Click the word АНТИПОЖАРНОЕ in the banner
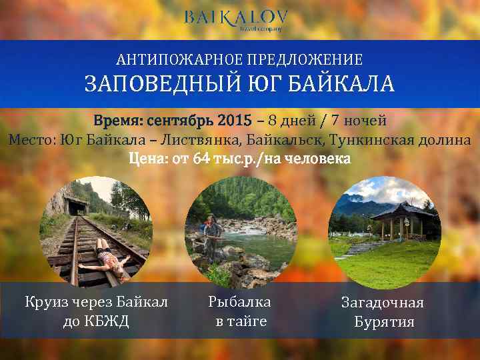(x=175, y=60)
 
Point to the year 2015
(x=234, y=121)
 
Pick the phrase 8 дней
(x=285, y=121)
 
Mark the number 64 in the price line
(x=201, y=159)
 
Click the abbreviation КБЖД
(x=108, y=321)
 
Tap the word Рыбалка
(x=239, y=302)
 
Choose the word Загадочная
(x=383, y=303)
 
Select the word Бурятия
(x=384, y=322)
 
